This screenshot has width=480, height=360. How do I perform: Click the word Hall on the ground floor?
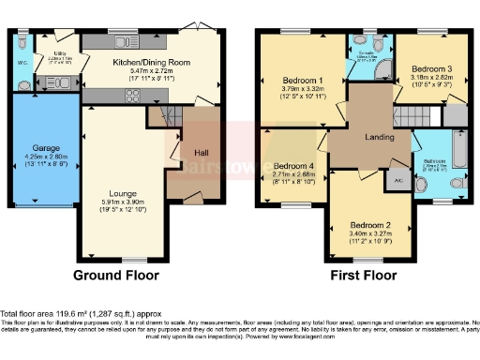point(199,152)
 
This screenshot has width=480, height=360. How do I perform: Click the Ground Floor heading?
point(117,276)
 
